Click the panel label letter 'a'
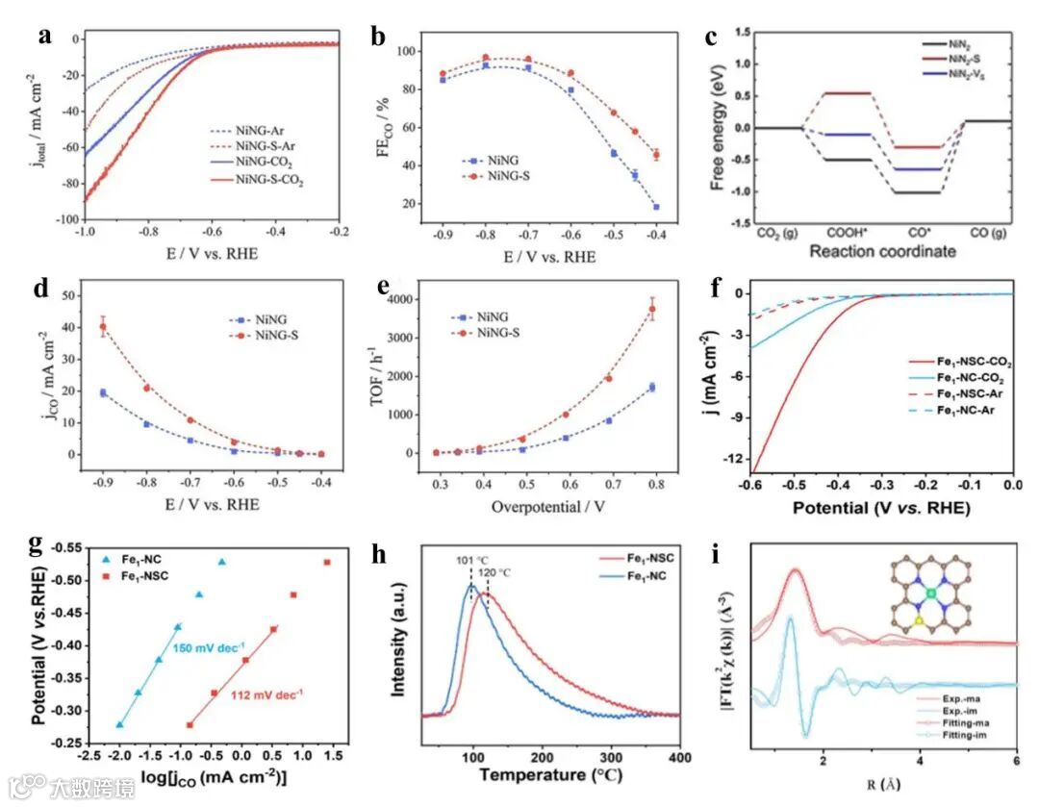click(x=44, y=38)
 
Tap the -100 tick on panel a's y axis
click(x=68, y=220)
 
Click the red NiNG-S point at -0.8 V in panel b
click(x=486, y=58)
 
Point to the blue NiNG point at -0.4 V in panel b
click(x=656, y=207)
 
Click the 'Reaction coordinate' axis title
click(x=883, y=251)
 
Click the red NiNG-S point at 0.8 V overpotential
click(x=651, y=309)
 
